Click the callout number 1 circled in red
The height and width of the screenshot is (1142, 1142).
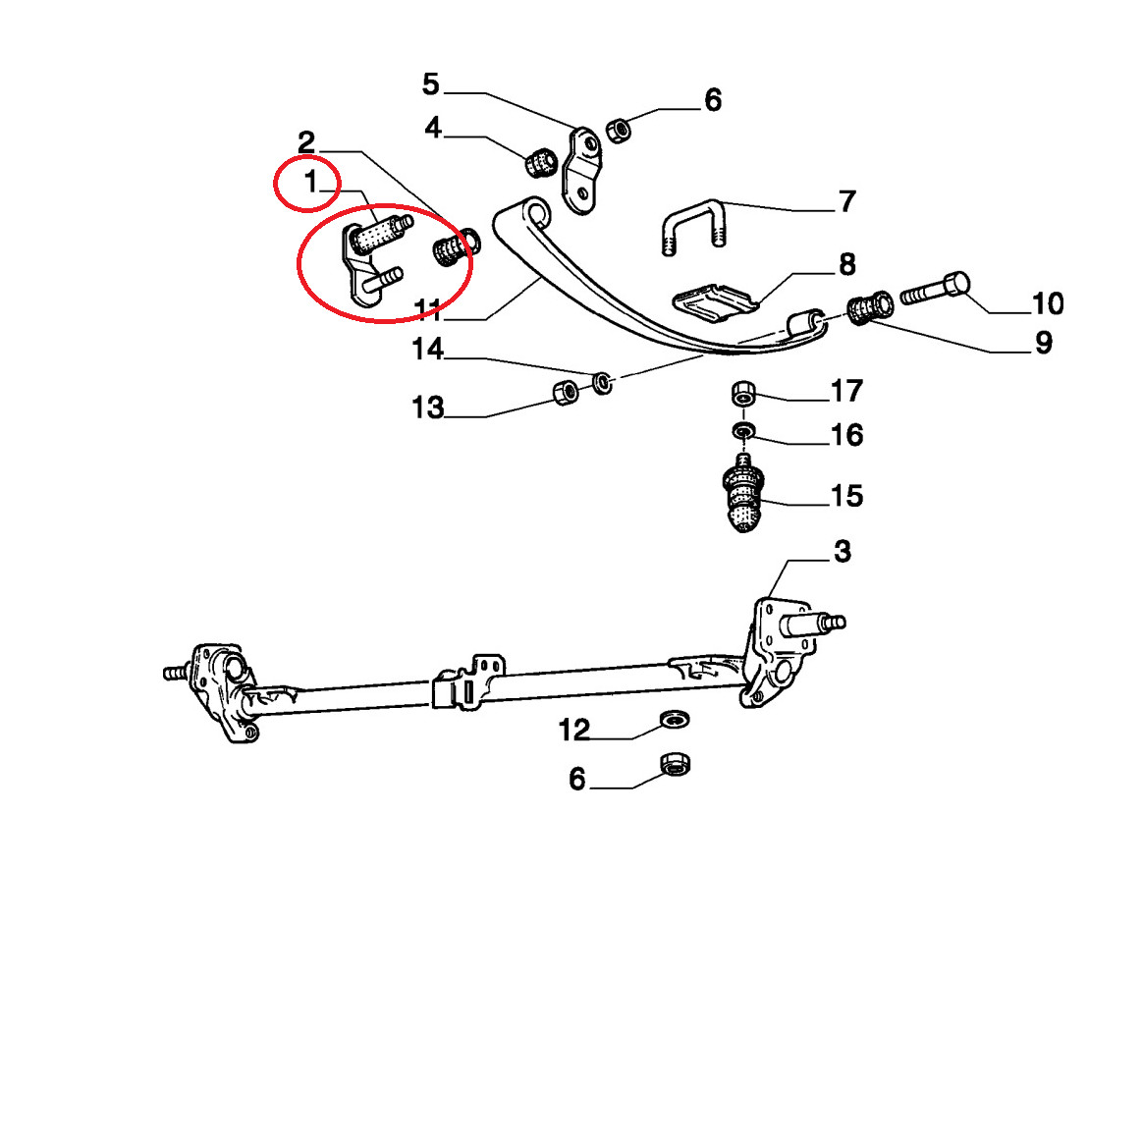click(x=311, y=182)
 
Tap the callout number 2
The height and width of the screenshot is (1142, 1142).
click(x=306, y=141)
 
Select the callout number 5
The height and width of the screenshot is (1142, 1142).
click(x=431, y=84)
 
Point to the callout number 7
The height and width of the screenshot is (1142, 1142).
click(x=847, y=201)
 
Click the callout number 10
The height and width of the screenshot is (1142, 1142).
click(x=1048, y=303)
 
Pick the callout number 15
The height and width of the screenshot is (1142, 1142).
click(x=847, y=496)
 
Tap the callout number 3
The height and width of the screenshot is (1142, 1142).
click(x=843, y=551)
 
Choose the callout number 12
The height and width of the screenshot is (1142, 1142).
click(x=573, y=730)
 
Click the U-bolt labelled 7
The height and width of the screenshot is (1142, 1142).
click(x=695, y=227)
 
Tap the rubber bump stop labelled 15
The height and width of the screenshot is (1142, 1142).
click(x=743, y=493)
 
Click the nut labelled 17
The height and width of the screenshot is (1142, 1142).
click(x=743, y=393)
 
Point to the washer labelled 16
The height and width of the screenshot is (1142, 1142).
click(x=743, y=431)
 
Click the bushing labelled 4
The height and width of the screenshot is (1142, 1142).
click(x=542, y=162)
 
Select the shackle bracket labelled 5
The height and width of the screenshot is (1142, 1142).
click(x=582, y=171)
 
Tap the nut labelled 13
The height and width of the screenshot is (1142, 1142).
click(x=566, y=392)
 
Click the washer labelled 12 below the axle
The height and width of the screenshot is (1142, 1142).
click(x=676, y=720)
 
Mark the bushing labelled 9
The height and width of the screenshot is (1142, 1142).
click(x=870, y=308)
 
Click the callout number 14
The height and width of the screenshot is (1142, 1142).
click(x=427, y=350)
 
